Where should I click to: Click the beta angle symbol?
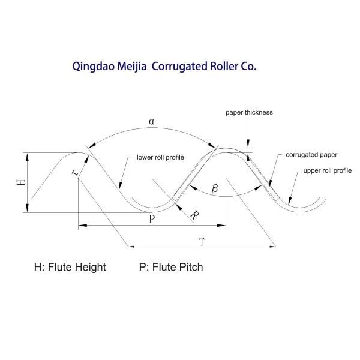(x=215, y=189)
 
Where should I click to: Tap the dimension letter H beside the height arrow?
(x=20, y=181)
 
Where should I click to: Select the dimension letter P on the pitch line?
(x=152, y=220)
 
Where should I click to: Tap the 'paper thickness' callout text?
(x=249, y=112)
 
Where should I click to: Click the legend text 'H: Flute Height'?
(x=70, y=267)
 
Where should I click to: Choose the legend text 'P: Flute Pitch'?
(x=170, y=267)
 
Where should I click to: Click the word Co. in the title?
(x=248, y=67)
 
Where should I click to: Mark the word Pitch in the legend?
(x=190, y=267)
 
